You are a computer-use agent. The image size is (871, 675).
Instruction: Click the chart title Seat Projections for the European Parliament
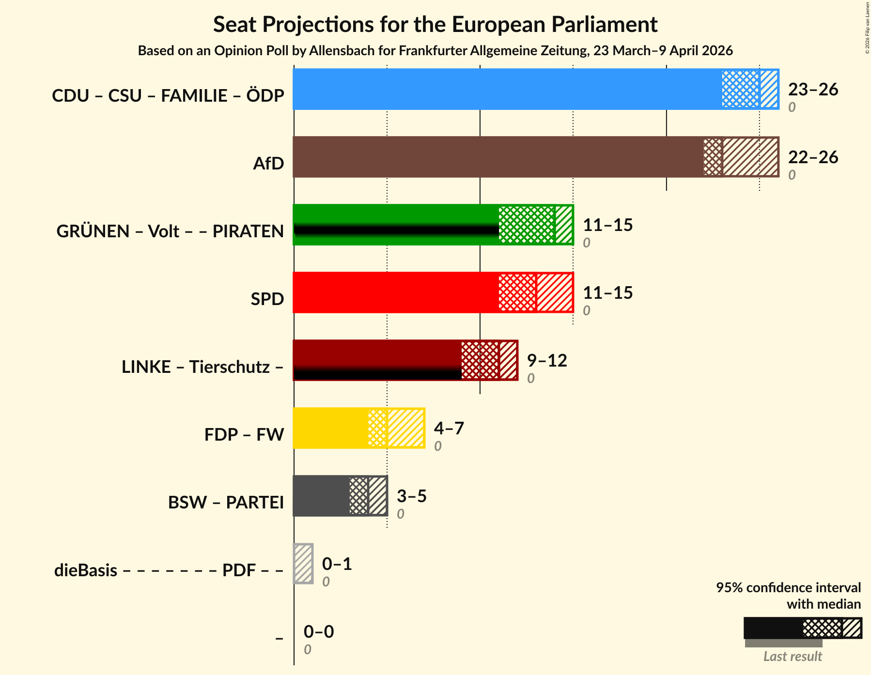click(x=435, y=24)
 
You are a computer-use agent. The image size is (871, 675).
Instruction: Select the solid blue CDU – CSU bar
click(x=506, y=89)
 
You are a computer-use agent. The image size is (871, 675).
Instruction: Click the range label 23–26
click(x=813, y=90)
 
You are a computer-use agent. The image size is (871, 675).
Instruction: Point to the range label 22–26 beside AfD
click(x=813, y=157)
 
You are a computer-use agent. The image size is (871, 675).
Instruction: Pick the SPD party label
click(x=267, y=299)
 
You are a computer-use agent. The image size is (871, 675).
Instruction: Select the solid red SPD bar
click(x=395, y=292)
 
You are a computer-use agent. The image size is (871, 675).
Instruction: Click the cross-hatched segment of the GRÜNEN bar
click(x=526, y=225)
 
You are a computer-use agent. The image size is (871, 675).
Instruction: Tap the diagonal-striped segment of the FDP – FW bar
click(x=406, y=428)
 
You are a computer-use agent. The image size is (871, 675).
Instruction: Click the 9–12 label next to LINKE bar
click(x=547, y=361)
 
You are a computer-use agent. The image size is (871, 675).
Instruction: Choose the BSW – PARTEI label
click(x=226, y=502)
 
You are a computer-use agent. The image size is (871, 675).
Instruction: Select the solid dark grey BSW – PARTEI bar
click(x=321, y=496)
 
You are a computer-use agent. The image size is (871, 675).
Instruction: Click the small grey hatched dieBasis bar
click(x=303, y=564)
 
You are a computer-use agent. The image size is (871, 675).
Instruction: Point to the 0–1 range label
click(x=337, y=564)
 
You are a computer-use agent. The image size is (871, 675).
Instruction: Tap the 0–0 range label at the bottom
click(x=318, y=632)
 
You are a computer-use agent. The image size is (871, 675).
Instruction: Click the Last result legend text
click(x=793, y=657)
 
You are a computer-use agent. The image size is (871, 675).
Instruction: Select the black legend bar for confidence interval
click(x=773, y=628)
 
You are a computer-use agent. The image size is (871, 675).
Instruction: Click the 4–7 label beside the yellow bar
click(x=449, y=429)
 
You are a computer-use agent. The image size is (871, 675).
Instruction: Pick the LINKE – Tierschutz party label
click(x=202, y=367)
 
